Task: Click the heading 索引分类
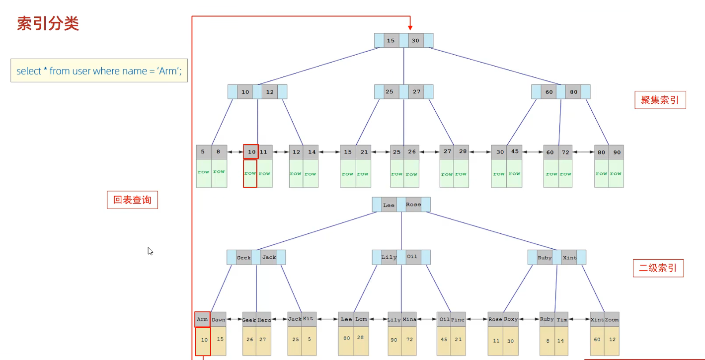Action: pos(48,24)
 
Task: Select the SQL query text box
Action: pos(99,71)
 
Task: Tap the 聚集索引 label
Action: pos(660,100)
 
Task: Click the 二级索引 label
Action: pos(658,269)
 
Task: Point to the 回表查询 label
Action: pos(132,200)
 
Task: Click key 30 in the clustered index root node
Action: pos(415,41)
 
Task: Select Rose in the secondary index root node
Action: pos(413,205)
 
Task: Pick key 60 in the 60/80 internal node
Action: pos(549,92)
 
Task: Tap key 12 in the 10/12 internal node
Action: pos(269,92)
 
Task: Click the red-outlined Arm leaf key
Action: pos(202,319)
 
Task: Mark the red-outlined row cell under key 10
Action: pos(250,173)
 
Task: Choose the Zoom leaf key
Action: pos(612,319)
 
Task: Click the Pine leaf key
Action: pos(458,319)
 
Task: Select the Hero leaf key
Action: pos(264,320)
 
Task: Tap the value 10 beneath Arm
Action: pos(203,341)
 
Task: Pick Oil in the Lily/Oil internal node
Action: pos(412,257)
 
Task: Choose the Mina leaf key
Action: pos(409,319)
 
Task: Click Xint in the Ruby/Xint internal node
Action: pos(569,257)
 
